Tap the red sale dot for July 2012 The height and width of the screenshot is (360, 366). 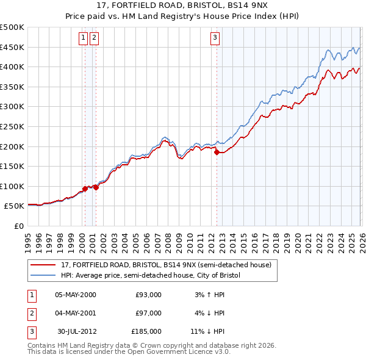[x=217, y=153]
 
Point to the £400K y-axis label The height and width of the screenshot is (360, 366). [x=12, y=67]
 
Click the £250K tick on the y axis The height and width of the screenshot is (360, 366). [x=12, y=126]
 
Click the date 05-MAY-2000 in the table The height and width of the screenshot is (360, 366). [x=75, y=295]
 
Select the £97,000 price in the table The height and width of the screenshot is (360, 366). [x=148, y=313]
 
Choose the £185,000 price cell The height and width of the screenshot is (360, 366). [x=146, y=331]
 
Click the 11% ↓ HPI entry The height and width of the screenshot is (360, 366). [x=207, y=331]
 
